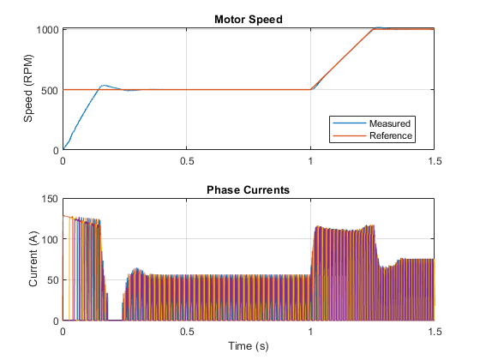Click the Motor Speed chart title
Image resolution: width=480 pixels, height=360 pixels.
click(249, 19)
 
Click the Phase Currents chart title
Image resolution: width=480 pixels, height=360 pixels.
click(249, 189)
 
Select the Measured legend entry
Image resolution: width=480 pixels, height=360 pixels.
click(390, 123)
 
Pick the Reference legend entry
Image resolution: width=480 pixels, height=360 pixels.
click(391, 135)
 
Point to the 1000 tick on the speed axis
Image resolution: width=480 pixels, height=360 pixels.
click(47, 30)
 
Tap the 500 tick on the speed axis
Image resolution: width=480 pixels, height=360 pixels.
click(50, 90)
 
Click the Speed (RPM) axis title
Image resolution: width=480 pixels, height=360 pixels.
click(28, 88)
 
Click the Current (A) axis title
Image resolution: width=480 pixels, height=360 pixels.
click(33, 259)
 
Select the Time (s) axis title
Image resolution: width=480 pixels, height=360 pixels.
click(249, 346)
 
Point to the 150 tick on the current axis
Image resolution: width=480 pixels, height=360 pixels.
click(50, 199)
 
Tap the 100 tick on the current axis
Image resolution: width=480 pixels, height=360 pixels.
click(50, 239)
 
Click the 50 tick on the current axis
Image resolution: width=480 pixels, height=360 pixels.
click(52, 280)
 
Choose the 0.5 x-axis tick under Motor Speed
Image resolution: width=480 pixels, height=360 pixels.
click(187, 161)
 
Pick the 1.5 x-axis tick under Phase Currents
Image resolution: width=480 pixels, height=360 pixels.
click(435, 332)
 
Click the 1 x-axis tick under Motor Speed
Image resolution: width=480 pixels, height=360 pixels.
click(310, 161)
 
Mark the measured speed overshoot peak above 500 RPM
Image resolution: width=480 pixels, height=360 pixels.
click(104, 86)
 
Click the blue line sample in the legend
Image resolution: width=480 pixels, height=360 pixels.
click(350, 123)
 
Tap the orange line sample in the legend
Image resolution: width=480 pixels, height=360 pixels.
click(350, 135)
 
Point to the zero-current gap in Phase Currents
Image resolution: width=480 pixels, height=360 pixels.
click(115, 321)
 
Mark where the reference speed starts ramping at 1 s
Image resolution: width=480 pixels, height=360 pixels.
click(310, 89)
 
